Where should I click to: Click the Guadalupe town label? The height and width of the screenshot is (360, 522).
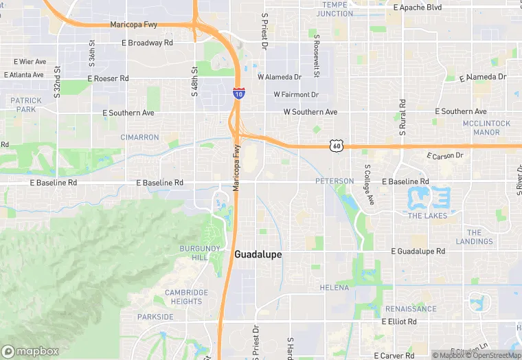pos(258,254)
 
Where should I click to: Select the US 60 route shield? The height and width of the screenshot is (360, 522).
pos(335,145)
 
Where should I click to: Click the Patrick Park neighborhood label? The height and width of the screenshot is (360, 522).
pos(26,104)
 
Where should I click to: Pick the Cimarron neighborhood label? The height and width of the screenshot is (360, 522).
pos(139,137)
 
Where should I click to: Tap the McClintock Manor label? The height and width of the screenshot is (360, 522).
pos(486,127)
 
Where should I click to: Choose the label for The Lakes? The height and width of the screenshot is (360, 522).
pos(427,216)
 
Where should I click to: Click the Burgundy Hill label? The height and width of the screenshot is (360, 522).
pos(193,252)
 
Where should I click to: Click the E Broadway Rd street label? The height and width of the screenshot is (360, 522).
pos(147,43)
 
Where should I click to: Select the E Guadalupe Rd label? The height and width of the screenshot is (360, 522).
pos(418,252)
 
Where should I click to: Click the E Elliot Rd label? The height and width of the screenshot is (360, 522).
pos(399,322)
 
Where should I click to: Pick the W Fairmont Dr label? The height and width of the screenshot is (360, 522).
pos(296,94)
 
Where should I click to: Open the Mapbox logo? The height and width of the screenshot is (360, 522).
pos(30,351)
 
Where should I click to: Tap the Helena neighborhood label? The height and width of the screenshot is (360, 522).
pos(334,287)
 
